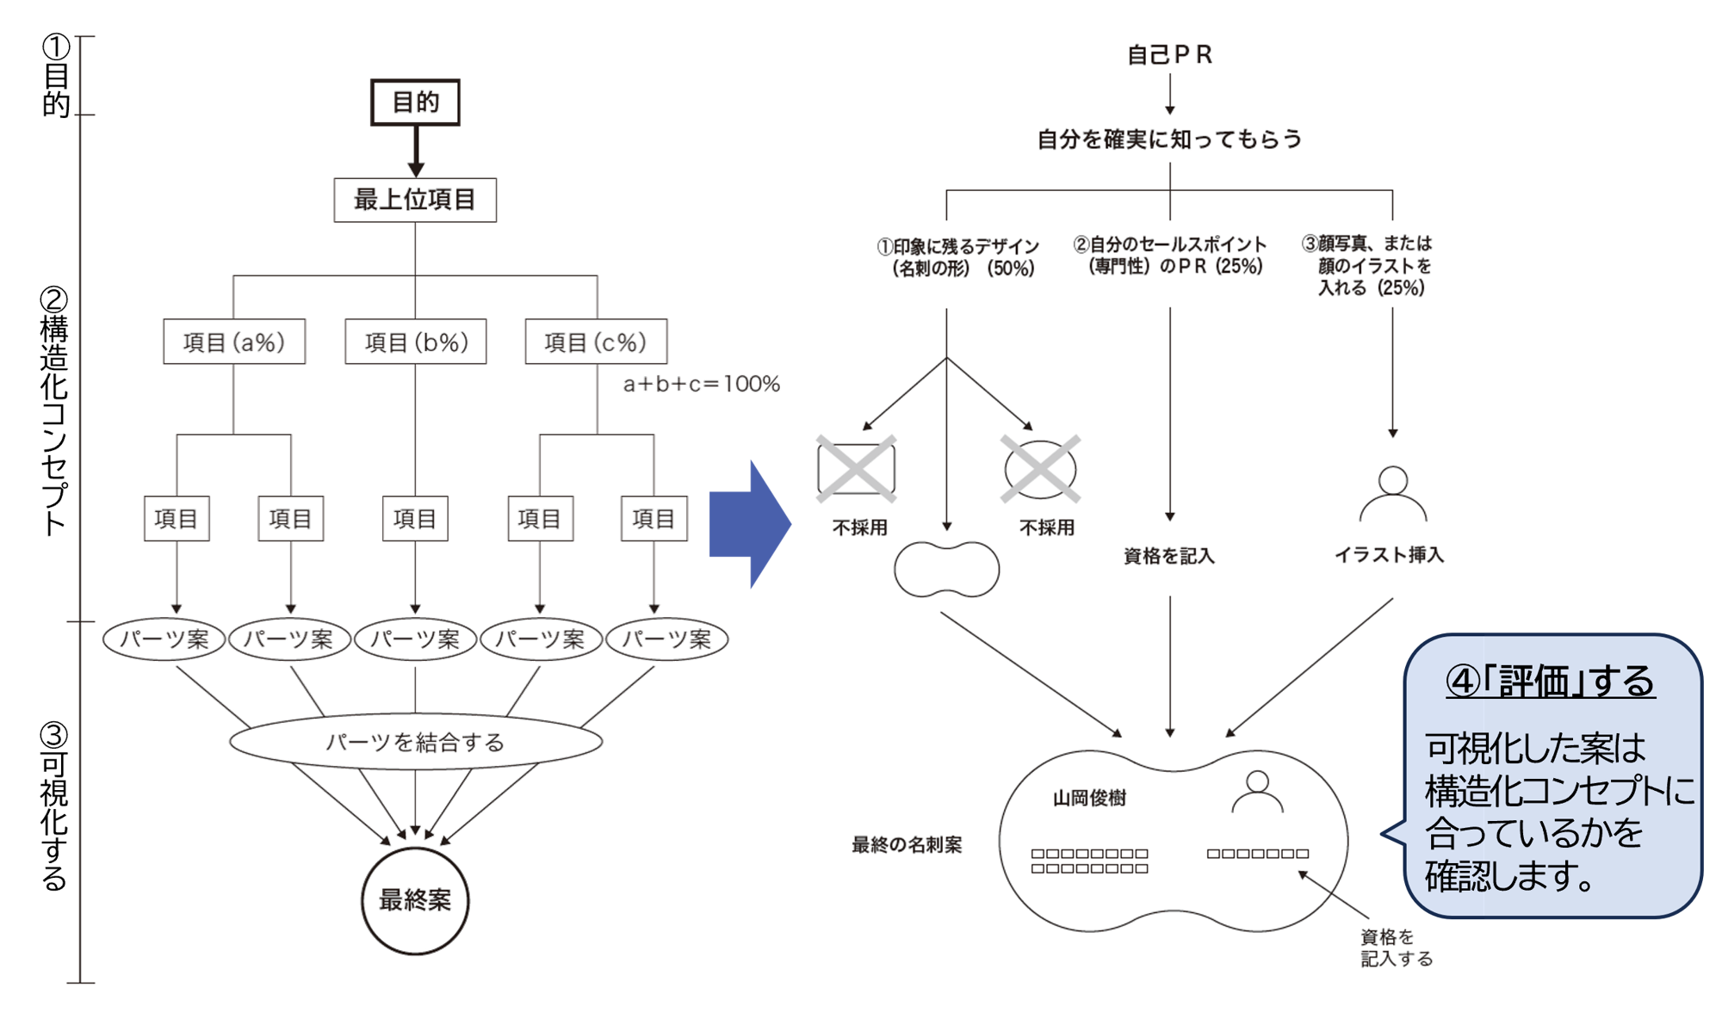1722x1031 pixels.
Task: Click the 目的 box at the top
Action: point(416,102)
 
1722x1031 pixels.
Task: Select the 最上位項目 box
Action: point(415,200)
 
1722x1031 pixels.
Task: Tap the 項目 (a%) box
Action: point(233,342)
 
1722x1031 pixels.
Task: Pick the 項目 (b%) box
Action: point(416,342)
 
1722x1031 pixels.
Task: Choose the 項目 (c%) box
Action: point(595,342)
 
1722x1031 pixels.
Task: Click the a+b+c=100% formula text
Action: point(702,384)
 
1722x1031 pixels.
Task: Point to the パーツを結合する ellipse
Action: point(415,741)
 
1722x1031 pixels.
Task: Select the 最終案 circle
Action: point(415,900)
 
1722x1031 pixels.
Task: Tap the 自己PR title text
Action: point(1169,55)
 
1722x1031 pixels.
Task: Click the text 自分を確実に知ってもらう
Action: point(1169,139)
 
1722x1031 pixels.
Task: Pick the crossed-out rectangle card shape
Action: point(856,469)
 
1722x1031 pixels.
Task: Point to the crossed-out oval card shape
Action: point(1040,469)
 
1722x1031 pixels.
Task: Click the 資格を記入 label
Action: point(1168,556)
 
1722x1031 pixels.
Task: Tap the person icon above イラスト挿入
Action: point(1392,493)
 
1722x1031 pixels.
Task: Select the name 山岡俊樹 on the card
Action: point(1089,798)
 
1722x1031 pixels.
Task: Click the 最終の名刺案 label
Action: point(907,844)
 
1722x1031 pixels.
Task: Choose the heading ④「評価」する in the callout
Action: point(1550,682)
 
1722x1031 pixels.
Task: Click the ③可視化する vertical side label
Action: point(54,806)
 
